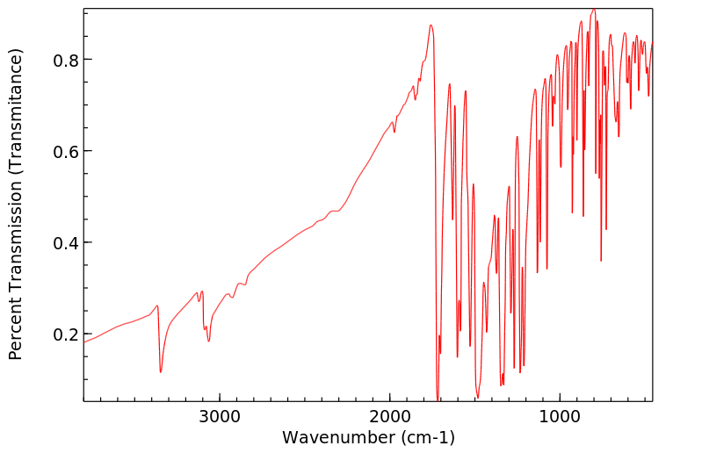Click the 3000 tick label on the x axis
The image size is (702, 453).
220,416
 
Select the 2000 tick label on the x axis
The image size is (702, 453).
390,416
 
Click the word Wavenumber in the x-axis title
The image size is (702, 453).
335,437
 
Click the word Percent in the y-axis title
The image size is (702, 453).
15,325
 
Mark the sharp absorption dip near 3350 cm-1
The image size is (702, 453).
161,371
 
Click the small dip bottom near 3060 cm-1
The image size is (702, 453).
208,341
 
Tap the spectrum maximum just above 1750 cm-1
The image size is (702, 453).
431,25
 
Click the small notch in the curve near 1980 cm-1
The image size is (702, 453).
394,132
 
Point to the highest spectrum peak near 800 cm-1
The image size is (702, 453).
594,10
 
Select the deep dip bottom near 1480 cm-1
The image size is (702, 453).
478,396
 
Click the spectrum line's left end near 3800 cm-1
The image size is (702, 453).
84,341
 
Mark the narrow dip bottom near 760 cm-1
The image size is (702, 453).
601,260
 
